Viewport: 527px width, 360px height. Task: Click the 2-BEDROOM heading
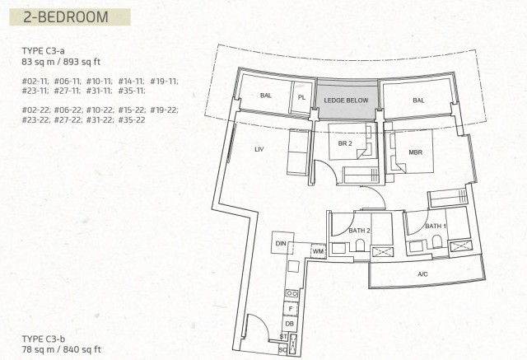coord(66,17)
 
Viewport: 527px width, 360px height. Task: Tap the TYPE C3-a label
coord(44,51)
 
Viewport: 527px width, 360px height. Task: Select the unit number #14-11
coord(132,82)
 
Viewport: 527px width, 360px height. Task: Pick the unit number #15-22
coord(132,110)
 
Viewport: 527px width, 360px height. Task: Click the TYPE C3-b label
coord(44,339)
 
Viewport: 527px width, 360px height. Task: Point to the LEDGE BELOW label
coord(346,101)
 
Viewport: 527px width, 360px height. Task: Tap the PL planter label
coord(301,97)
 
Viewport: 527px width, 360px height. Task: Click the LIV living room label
coord(259,149)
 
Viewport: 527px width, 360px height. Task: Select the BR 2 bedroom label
coord(345,143)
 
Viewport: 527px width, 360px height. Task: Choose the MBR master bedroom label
coord(415,152)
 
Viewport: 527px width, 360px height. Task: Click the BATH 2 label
coord(359,231)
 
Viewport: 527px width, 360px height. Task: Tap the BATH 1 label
coord(436,227)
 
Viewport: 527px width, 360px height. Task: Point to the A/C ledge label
coord(422,274)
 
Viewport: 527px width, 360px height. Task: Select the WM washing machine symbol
coord(319,251)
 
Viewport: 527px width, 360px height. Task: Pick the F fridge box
coord(291,309)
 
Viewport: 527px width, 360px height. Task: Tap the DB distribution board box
coord(289,324)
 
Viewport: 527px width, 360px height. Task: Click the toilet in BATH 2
coord(360,245)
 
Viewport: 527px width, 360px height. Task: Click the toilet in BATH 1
coord(437,241)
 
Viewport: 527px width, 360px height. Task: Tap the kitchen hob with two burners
coord(291,293)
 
